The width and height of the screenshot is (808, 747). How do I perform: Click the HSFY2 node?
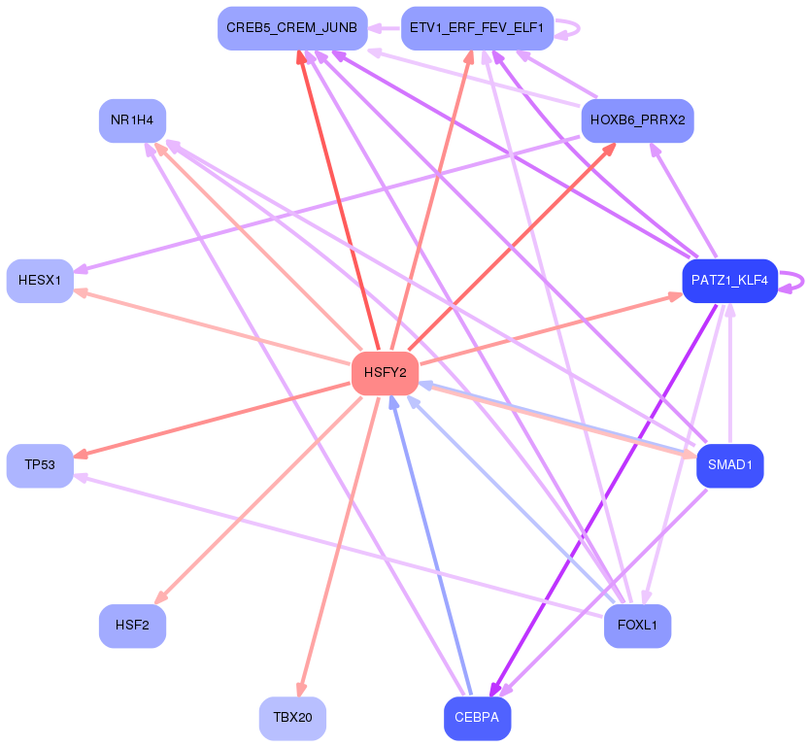tap(385, 373)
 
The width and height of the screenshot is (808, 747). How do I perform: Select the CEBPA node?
tap(477, 718)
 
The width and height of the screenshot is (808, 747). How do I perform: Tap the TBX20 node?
tap(292, 718)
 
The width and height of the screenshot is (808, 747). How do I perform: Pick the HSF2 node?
tap(132, 626)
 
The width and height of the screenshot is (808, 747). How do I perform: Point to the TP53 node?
tap(40, 465)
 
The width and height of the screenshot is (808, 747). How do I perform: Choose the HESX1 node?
tap(40, 281)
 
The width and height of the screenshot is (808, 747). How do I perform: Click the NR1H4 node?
tap(132, 120)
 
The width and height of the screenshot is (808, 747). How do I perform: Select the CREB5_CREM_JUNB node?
tap(292, 28)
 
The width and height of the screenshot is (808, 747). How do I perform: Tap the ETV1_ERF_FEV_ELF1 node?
tap(477, 28)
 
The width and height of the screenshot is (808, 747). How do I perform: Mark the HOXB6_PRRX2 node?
tap(637, 120)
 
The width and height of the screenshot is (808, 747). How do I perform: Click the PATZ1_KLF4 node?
tap(729, 281)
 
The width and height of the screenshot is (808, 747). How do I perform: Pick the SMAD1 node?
tap(729, 465)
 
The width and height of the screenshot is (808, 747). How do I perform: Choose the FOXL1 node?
tap(637, 626)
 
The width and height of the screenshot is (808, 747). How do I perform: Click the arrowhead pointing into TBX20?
tap(300, 691)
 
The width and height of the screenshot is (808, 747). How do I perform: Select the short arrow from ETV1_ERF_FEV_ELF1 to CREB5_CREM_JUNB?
tap(385, 28)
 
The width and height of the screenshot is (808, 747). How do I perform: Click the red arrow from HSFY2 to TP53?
tap(213, 420)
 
